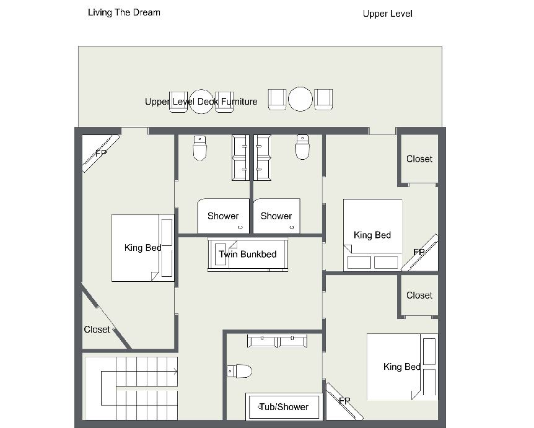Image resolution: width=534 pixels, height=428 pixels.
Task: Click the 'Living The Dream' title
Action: pos(124,12)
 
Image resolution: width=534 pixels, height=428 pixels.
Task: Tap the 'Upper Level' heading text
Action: pos(388,14)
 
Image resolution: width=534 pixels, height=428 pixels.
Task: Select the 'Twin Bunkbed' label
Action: pos(248,254)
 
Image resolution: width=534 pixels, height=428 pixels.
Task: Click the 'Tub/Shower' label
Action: pos(284,406)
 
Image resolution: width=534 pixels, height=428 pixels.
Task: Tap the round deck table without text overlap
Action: pos(300,99)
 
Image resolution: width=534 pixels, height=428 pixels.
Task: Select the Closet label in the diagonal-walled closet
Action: pos(97,330)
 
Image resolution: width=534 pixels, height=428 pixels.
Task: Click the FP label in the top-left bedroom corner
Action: pos(101,153)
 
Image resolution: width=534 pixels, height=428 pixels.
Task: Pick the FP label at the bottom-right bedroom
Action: pos(344,401)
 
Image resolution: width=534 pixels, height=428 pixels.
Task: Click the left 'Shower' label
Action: pos(223,216)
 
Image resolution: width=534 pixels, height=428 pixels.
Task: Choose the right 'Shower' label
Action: pos(276,216)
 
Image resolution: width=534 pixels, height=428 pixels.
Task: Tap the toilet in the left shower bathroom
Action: pos(200,147)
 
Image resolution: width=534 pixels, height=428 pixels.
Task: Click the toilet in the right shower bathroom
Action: pos(302,147)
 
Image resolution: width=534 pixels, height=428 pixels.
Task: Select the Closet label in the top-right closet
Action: pos(419,159)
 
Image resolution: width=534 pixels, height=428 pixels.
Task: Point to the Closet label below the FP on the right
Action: pos(419,295)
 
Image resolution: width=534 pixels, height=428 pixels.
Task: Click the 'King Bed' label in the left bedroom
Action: pos(143,248)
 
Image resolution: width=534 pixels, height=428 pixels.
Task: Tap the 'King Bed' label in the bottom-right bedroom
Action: pos(402,367)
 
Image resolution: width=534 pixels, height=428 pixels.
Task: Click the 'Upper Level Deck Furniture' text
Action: pos(201,102)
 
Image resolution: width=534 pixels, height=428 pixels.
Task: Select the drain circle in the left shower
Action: pos(240,227)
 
